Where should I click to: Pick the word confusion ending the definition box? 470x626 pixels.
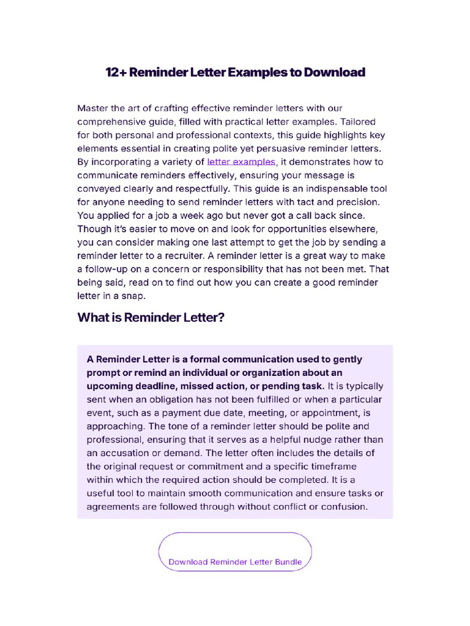point(346,507)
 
